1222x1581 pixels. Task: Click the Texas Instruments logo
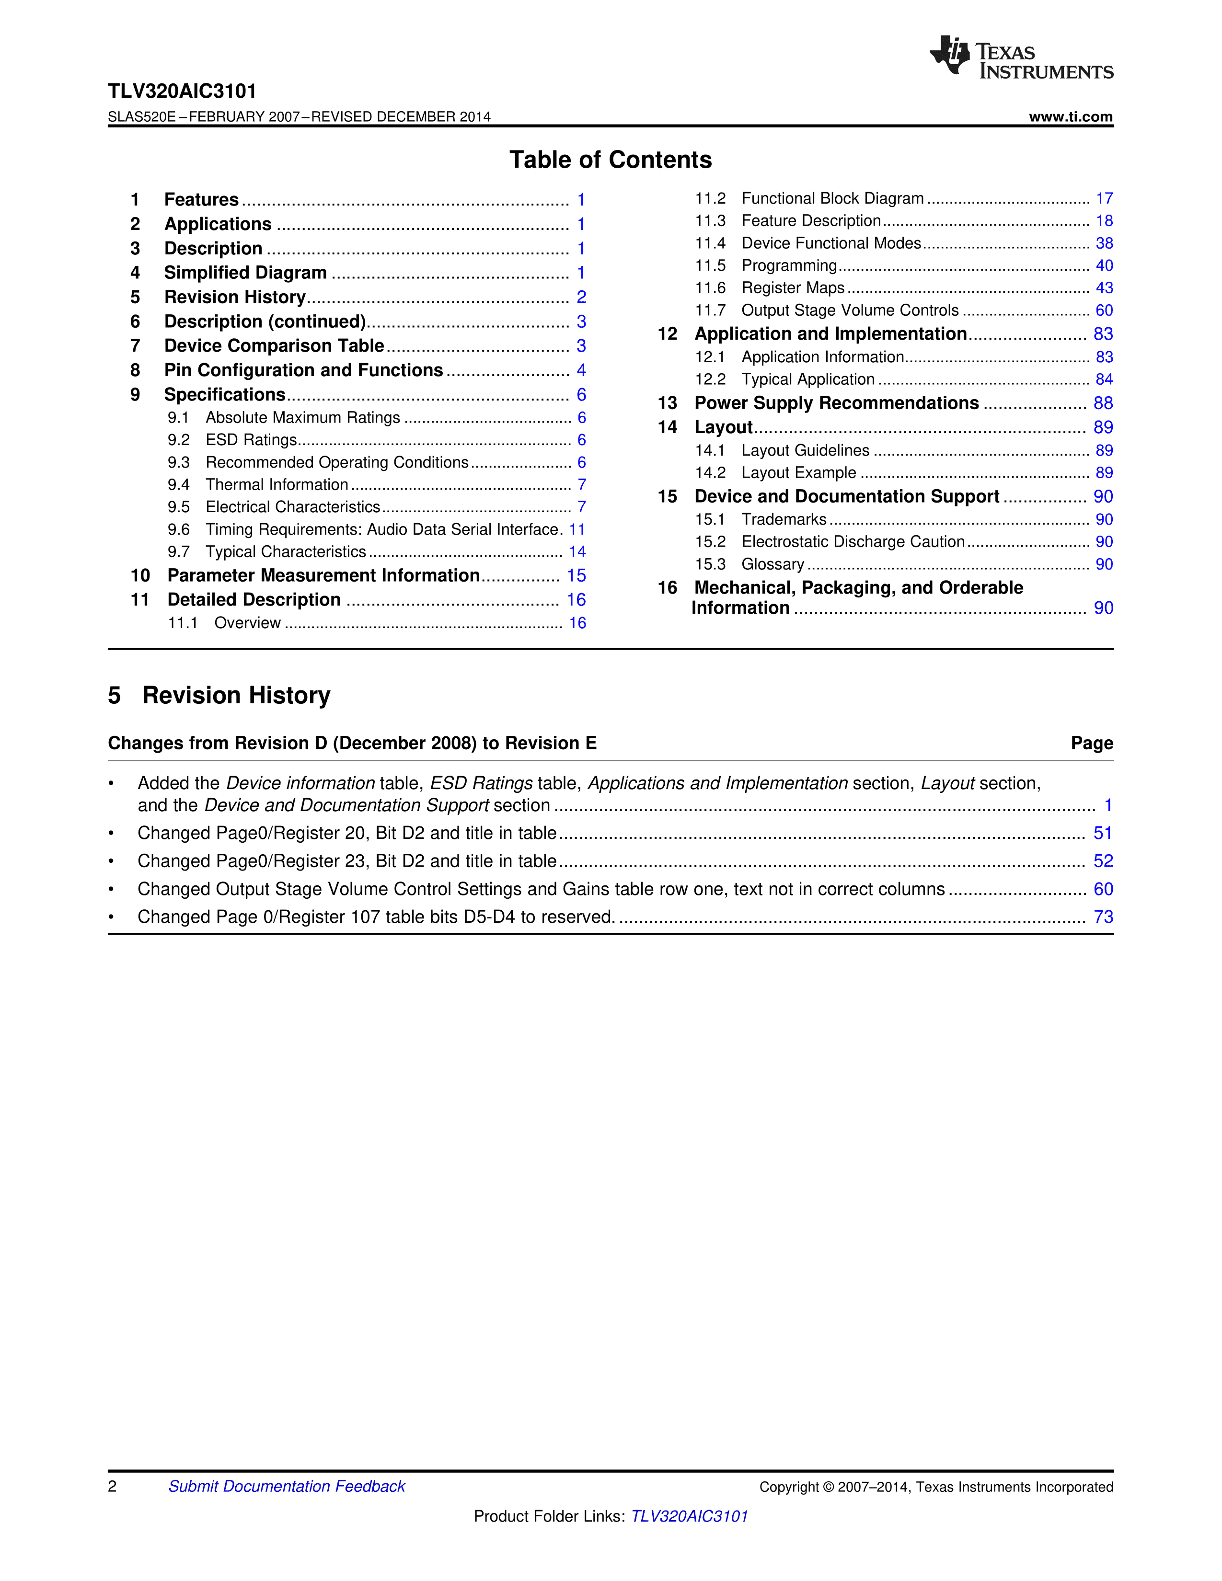[1021, 57]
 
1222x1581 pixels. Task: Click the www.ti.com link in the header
[1070, 116]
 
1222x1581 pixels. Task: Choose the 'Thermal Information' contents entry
[277, 485]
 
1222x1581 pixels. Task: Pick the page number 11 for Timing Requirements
[577, 530]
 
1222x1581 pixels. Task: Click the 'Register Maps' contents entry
[793, 288]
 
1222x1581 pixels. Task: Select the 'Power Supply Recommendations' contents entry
[836, 403]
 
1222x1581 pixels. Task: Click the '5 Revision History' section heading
[219, 695]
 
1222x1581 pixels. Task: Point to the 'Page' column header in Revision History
[1092, 744]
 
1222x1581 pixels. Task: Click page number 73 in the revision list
[1103, 917]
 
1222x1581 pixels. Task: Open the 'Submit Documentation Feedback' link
[287, 1486]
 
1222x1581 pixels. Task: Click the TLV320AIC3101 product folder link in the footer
[689, 1516]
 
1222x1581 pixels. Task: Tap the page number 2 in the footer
[112, 1486]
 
